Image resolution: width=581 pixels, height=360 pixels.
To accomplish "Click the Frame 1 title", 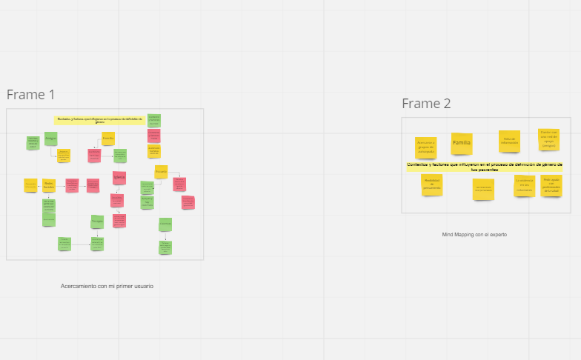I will [31, 95].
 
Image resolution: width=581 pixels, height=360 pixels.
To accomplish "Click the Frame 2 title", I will [426, 104].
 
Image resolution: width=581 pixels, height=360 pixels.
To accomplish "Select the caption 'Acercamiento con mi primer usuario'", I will [107, 286].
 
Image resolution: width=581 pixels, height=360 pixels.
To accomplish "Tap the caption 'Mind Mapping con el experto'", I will [474, 234].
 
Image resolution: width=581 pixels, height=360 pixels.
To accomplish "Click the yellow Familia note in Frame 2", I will [462, 142].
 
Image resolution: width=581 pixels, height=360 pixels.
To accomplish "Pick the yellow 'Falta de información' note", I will [509, 140].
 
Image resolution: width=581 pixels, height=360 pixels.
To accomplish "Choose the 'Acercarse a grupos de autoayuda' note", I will [425, 144].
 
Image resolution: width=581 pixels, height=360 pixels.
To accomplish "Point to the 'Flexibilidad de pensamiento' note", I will [432, 184].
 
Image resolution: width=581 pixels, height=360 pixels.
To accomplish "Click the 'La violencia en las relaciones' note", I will [525, 185].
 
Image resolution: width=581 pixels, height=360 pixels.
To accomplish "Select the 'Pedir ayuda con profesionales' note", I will [551, 184].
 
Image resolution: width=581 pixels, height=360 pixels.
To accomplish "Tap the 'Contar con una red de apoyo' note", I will [548, 139].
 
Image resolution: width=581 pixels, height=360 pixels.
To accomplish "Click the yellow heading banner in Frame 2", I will [484, 167].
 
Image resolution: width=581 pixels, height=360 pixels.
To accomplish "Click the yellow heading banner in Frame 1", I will [100, 119].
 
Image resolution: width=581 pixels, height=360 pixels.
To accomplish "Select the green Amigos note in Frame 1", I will [50, 138].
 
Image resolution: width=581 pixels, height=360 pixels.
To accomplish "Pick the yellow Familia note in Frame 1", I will [108, 138].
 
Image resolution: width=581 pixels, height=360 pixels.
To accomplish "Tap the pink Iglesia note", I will [119, 177].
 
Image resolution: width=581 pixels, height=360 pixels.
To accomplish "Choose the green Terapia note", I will [97, 221].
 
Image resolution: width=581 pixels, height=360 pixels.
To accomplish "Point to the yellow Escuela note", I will [161, 171].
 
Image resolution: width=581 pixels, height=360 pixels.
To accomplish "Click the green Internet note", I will [165, 224].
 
